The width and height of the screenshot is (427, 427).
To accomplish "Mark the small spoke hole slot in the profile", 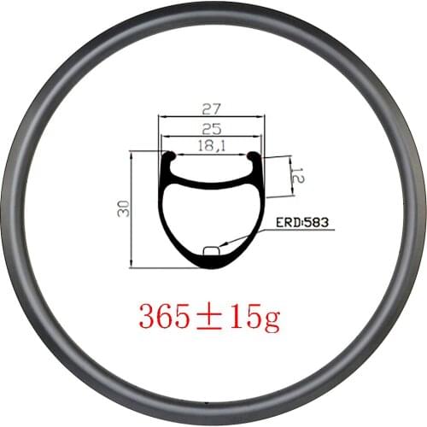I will [x=211, y=250].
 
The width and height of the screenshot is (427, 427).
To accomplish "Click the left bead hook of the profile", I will [x=169, y=157].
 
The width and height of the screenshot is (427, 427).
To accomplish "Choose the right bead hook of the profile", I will [x=252, y=157].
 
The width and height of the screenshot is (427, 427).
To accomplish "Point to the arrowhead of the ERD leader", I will [x=221, y=247].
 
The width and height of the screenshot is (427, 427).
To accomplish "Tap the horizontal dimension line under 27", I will [x=211, y=118].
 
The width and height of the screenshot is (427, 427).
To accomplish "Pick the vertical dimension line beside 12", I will [x=291, y=177].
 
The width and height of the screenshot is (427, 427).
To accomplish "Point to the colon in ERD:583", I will [x=301, y=224].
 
